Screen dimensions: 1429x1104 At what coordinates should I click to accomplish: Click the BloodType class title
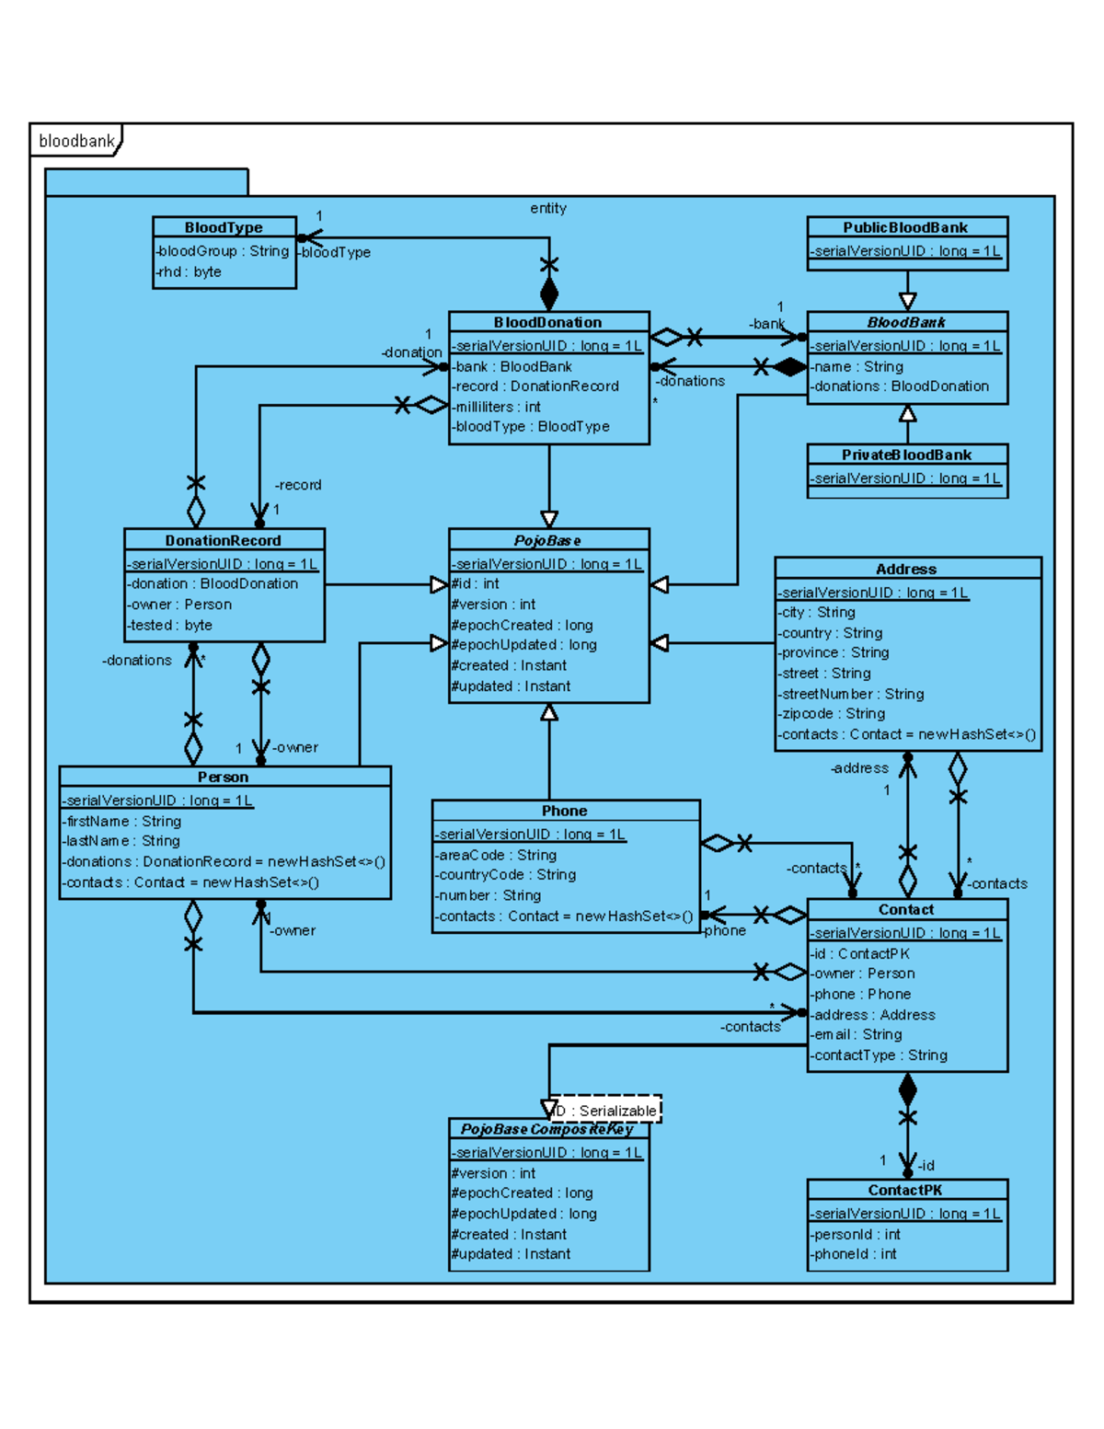(224, 227)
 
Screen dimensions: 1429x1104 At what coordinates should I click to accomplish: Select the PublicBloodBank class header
(906, 227)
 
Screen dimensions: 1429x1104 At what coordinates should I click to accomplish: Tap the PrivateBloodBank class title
(906, 455)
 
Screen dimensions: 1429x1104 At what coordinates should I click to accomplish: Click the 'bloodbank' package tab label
(76, 141)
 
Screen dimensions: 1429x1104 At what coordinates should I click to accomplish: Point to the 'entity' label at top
(548, 208)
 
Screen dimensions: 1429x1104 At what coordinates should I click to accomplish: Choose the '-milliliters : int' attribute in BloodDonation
(496, 407)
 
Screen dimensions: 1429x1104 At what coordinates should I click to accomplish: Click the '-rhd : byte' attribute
(189, 271)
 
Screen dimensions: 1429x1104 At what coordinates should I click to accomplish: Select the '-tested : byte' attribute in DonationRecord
(170, 625)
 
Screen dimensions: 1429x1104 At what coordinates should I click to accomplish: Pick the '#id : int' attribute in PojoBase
(476, 583)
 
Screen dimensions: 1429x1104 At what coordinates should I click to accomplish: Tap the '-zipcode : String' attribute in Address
(832, 713)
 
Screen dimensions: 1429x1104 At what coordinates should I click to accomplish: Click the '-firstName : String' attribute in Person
(122, 821)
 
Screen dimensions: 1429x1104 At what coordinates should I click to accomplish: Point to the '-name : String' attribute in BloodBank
(857, 366)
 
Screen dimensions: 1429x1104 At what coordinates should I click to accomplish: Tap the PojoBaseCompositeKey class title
(547, 1129)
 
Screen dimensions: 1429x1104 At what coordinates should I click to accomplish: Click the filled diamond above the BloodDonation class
(549, 294)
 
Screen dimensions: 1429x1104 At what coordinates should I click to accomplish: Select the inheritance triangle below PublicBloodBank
(907, 301)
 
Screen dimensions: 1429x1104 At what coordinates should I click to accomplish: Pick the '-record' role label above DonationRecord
(298, 485)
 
